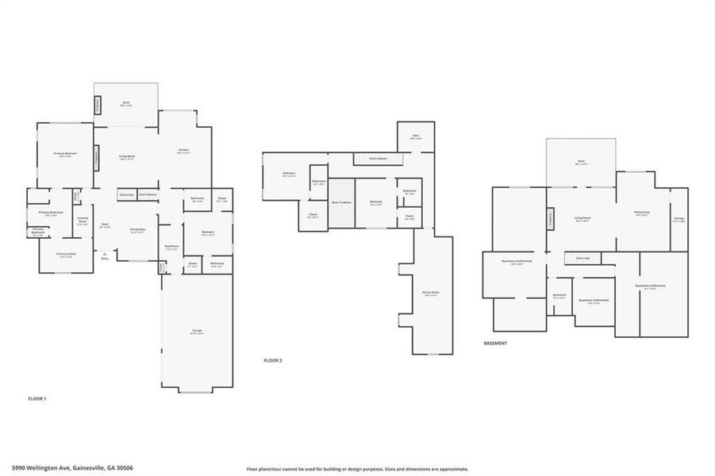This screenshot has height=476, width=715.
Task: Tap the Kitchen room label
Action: [183, 151]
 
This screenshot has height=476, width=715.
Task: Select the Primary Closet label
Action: [66, 255]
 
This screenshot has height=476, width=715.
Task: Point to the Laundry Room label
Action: [82, 222]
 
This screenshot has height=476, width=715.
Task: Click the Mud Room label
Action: [171, 248]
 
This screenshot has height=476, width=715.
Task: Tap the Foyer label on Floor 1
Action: [104, 226]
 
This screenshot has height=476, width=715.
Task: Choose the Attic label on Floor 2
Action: [414, 137]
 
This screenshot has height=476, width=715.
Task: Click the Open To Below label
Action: [342, 203]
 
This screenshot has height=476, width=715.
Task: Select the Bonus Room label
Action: [431, 293]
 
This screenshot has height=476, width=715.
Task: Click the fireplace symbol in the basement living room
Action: [549, 218]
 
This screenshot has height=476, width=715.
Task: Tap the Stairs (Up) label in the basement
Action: [582, 258]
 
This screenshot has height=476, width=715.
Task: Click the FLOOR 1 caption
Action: [37, 398]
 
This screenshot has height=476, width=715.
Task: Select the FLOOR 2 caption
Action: [273, 360]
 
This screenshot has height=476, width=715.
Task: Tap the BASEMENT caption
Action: [495, 343]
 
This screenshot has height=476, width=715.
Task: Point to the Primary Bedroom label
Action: [64, 155]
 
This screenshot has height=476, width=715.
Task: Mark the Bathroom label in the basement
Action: [559, 295]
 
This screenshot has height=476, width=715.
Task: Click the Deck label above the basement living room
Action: [581, 163]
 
